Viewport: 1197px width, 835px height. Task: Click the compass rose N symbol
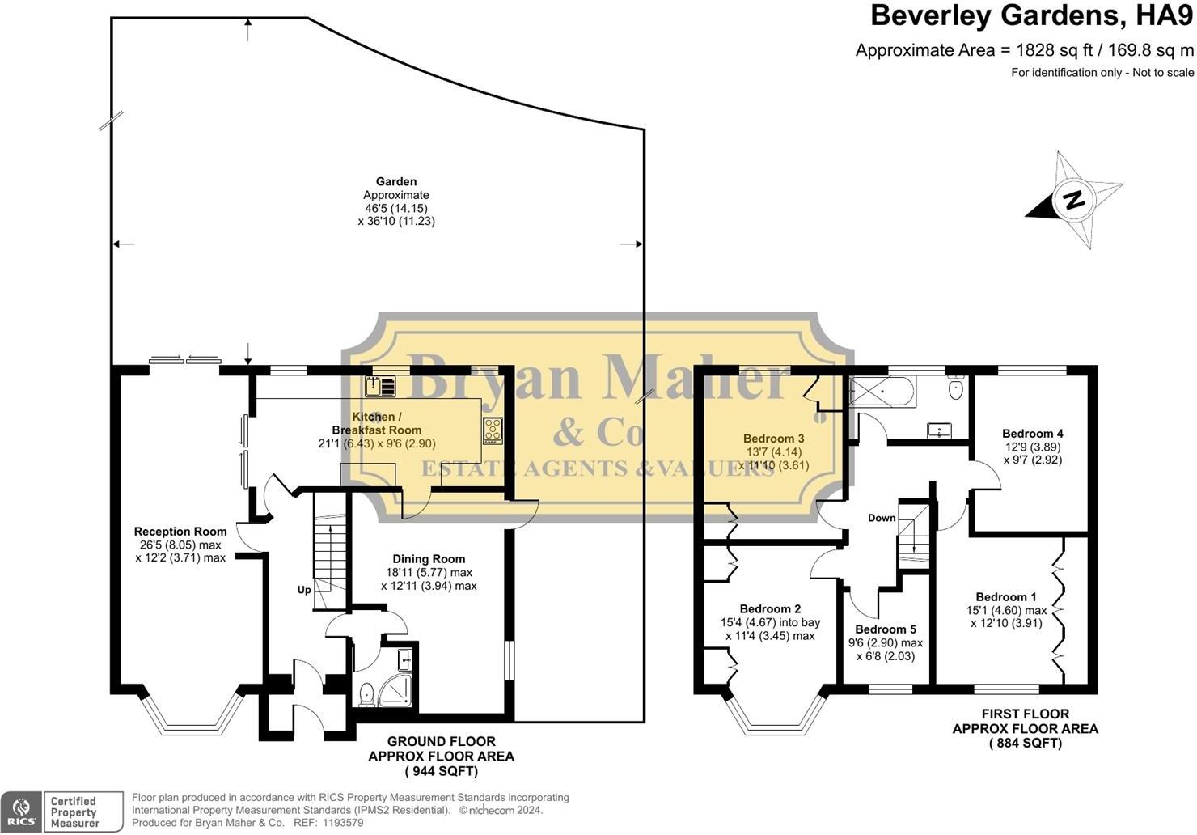click(1073, 199)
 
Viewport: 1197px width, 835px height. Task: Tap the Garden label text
click(396, 182)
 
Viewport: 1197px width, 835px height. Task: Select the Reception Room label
click(180, 532)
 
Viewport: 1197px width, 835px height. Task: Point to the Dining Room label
click(429, 559)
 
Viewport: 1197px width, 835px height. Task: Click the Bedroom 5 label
click(886, 629)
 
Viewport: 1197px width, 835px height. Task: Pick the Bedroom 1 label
click(1006, 598)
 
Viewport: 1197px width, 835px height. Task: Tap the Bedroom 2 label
click(770, 609)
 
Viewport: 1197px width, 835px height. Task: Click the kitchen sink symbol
click(379, 387)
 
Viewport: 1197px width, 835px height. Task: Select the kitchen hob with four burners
click(493, 430)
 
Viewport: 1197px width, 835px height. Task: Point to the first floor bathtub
click(882, 393)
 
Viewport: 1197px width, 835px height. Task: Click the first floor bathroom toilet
click(956, 388)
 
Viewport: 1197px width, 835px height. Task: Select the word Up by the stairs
click(304, 590)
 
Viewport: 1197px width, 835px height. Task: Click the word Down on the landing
click(882, 518)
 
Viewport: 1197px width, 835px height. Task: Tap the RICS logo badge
click(21, 812)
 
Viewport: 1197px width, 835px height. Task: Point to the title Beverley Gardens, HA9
click(1031, 15)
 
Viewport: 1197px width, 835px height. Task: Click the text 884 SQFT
click(1025, 743)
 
